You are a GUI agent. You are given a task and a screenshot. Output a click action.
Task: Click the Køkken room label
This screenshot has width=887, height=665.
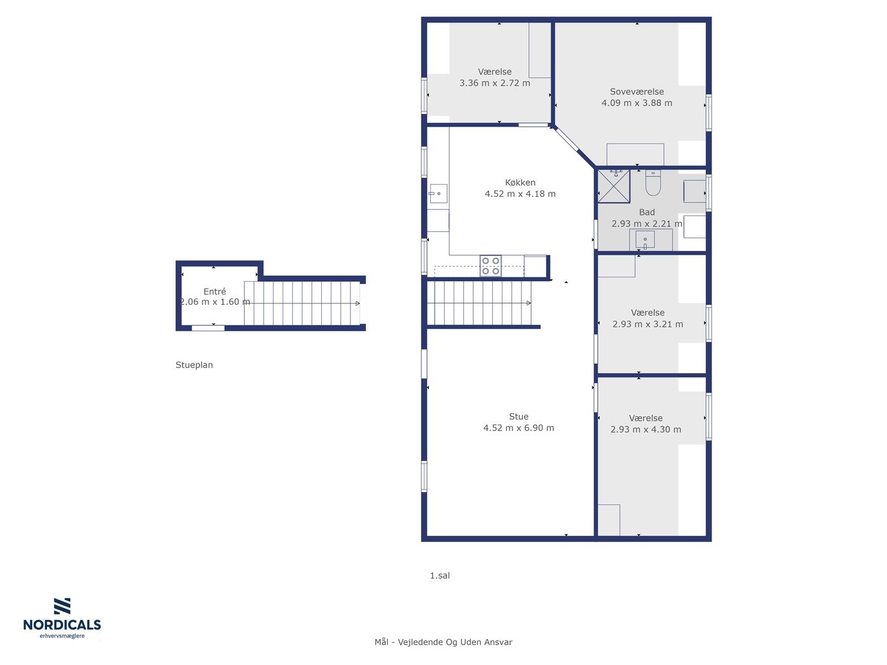tap(520, 182)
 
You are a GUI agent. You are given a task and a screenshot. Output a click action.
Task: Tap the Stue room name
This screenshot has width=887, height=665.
tap(518, 416)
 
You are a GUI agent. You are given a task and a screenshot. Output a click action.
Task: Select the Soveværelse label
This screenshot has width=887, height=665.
tap(637, 92)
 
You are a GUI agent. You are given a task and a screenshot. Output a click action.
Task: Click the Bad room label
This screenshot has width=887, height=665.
tap(647, 212)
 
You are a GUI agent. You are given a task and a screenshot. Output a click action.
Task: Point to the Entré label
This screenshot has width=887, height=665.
tap(215, 291)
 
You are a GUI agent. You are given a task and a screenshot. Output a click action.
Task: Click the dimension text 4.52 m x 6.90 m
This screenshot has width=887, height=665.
tap(518, 428)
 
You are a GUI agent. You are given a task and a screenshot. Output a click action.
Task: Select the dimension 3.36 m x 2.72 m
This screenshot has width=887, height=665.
tap(495, 83)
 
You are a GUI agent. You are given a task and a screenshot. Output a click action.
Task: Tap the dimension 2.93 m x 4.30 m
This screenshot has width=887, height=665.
tap(646, 429)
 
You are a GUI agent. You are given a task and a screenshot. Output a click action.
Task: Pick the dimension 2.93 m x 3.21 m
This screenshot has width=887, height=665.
tap(648, 324)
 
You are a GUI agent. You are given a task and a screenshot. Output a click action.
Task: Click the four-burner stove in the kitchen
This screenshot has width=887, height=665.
tap(490, 266)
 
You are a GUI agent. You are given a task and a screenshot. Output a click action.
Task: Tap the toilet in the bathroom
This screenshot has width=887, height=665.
tap(653, 182)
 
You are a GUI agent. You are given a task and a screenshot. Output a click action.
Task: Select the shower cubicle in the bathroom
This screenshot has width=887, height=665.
tap(613, 186)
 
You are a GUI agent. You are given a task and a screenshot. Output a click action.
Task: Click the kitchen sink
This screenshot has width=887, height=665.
tap(438, 194)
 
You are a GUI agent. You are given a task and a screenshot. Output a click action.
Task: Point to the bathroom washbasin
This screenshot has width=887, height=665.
tap(645, 240)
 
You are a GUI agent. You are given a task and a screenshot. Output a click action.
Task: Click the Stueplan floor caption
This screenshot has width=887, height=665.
tap(194, 365)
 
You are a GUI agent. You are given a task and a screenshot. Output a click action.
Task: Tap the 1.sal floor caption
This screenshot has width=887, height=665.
tap(440, 576)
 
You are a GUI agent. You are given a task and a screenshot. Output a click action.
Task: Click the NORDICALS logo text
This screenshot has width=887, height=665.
tap(62, 625)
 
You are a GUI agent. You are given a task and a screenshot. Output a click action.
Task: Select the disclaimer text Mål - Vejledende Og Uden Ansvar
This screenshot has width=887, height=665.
tap(443, 642)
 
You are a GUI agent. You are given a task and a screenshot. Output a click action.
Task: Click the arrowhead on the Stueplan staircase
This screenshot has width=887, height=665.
tap(357, 303)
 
